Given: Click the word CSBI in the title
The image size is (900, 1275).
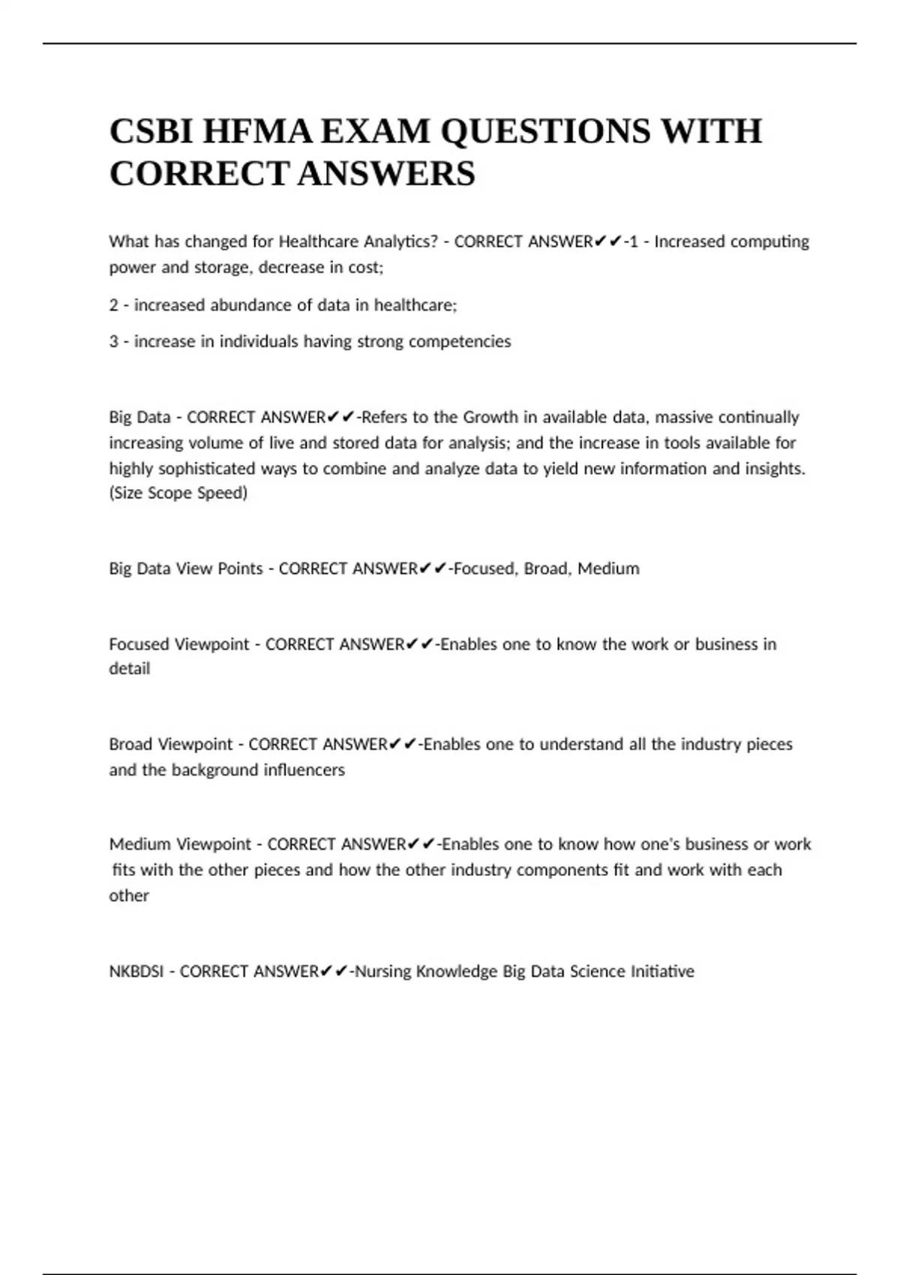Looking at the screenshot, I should coord(151,131).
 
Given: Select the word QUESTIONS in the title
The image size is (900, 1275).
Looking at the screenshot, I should coord(546,131).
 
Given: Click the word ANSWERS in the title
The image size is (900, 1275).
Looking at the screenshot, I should coord(386,174).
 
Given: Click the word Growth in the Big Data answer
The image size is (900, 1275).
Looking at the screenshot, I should coord(490,417).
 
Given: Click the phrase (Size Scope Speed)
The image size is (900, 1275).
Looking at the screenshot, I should coord(178,493).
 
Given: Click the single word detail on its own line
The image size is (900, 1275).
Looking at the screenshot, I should coord(129,669).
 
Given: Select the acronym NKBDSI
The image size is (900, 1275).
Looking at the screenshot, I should coord(136,971).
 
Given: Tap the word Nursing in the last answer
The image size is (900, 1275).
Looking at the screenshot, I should coord(382,971).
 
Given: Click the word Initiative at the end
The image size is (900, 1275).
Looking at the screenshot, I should coord(662,971).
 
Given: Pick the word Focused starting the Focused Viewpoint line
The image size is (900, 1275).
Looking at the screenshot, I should coord(139,644).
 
